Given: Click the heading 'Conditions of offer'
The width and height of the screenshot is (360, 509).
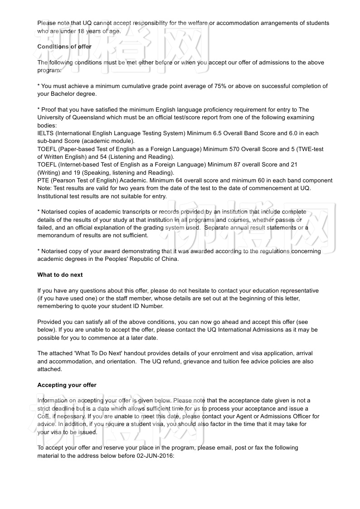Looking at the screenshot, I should (64, 47).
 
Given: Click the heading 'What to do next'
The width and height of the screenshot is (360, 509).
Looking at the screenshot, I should (60, 275).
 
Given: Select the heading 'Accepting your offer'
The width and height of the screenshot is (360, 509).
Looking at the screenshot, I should (67, 385).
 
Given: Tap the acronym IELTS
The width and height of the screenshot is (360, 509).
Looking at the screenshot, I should (45, 133).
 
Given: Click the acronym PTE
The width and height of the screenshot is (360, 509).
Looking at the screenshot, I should (43, 181).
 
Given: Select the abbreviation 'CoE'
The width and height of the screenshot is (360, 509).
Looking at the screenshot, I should (44, 416).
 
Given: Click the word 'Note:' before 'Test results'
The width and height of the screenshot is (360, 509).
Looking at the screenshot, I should (45, 188).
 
